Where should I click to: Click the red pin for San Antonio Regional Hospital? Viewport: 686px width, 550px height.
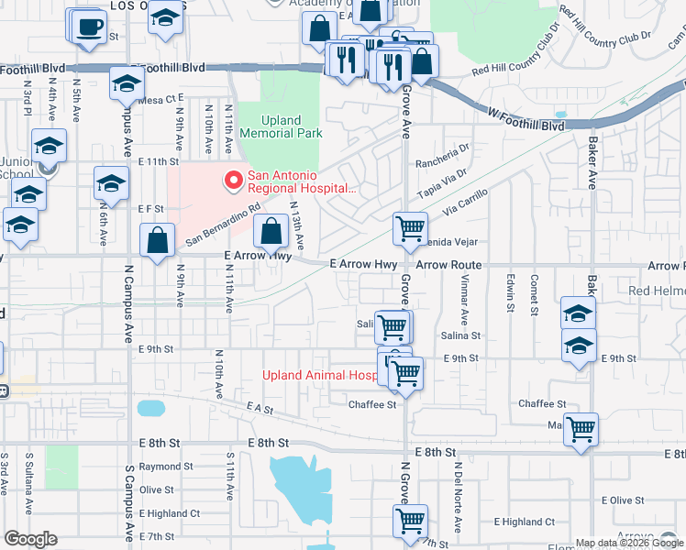[233, 180]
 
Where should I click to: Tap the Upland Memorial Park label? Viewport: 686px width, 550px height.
[281, 126]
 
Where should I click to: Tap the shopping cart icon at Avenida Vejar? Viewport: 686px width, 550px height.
[410, 227]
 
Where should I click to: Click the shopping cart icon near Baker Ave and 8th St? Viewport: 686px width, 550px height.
[581, 428]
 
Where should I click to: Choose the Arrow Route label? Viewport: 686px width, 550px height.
[448, 264]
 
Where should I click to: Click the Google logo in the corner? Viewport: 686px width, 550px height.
[30, 539]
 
